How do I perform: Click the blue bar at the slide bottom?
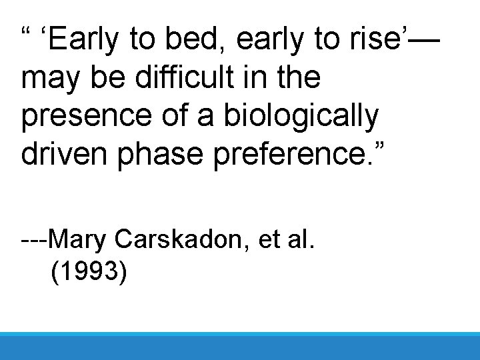pos(240,346)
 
